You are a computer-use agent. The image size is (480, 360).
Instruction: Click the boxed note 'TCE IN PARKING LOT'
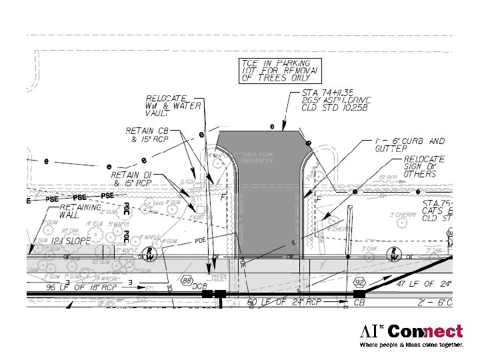point(279,70)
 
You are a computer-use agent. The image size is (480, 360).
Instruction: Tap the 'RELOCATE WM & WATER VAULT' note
point(167,106)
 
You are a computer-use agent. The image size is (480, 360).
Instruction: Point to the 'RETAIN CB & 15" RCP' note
point(147,135)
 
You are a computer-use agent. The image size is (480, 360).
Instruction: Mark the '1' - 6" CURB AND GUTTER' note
point(409,145)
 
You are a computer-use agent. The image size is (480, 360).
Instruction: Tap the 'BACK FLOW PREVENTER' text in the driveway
point(257,157)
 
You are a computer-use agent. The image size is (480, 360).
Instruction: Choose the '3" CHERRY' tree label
point(404,215)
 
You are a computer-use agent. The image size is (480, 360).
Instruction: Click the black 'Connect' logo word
point(425,331)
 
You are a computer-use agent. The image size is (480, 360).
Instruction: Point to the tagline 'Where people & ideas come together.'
point(411,345)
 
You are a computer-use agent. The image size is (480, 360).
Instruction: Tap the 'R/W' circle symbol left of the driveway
point(151,255)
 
